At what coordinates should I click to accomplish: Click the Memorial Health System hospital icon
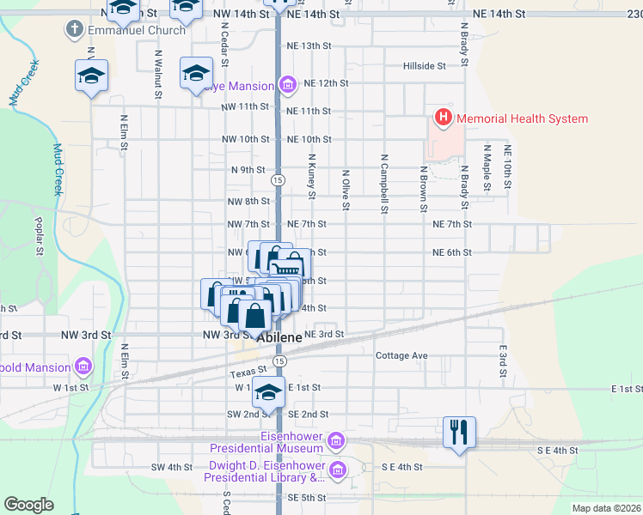click(x=444, y=118)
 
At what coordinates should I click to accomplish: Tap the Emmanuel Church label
click(x=137, y=30)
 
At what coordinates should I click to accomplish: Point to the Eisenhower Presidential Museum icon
click(x=336, y=441)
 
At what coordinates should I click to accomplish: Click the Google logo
click(x=28, y=505)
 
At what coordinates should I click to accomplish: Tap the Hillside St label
click(x=425, y=65)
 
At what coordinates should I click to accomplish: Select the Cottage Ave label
click(x=401, y=355)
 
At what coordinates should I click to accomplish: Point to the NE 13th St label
click(x=309, y=45)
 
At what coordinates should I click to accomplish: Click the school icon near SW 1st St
click(x=269, y=391)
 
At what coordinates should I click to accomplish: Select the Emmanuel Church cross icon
click(x=73, y=30)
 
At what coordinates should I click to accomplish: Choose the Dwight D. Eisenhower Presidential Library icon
click(x=337, y=469)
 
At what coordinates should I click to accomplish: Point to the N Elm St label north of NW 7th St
click(x=124, y=134)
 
